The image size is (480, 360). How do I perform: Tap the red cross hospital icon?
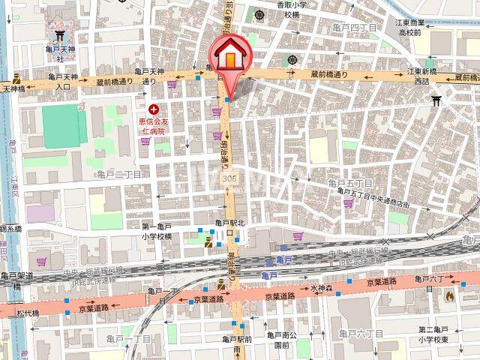(x=154, y=109)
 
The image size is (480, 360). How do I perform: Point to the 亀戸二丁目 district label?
(x=119, y=174)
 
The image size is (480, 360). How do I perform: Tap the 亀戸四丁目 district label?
(x=353, y=28)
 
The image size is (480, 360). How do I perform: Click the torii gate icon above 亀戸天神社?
(x=58, y=35)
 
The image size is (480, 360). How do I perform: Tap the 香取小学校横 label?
(x=292, y=9)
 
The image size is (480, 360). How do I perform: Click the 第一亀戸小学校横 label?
(x=157, y=230)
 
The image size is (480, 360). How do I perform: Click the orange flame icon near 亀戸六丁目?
(x=449, y=296)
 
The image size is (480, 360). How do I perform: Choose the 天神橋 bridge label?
(x=13, y=88)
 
